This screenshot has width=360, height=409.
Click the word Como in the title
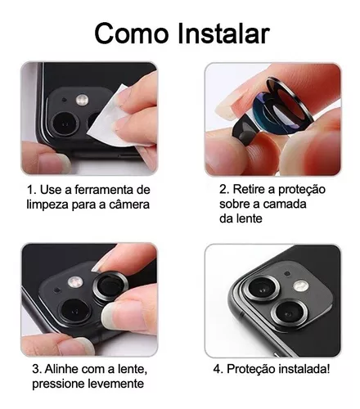(x=132, y=34)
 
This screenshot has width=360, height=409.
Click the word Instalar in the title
(x=224, y=34)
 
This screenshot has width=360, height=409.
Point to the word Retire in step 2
(x=249, y=189)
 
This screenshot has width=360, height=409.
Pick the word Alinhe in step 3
(x=61, y=369)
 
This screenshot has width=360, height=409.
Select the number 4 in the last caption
(x=217, y=369)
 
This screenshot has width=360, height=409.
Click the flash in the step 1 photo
(x=83, y=100)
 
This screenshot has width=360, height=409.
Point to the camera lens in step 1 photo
(x=65, y=124)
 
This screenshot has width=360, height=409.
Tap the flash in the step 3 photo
(x=74, y=282)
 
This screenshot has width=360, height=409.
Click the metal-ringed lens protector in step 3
(x=110, y=287)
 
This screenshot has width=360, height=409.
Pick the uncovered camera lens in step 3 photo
(x=74, y=312)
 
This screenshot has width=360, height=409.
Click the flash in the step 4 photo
(x=301, y=285)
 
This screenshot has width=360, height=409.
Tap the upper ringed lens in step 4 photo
(x=263, y=288)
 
